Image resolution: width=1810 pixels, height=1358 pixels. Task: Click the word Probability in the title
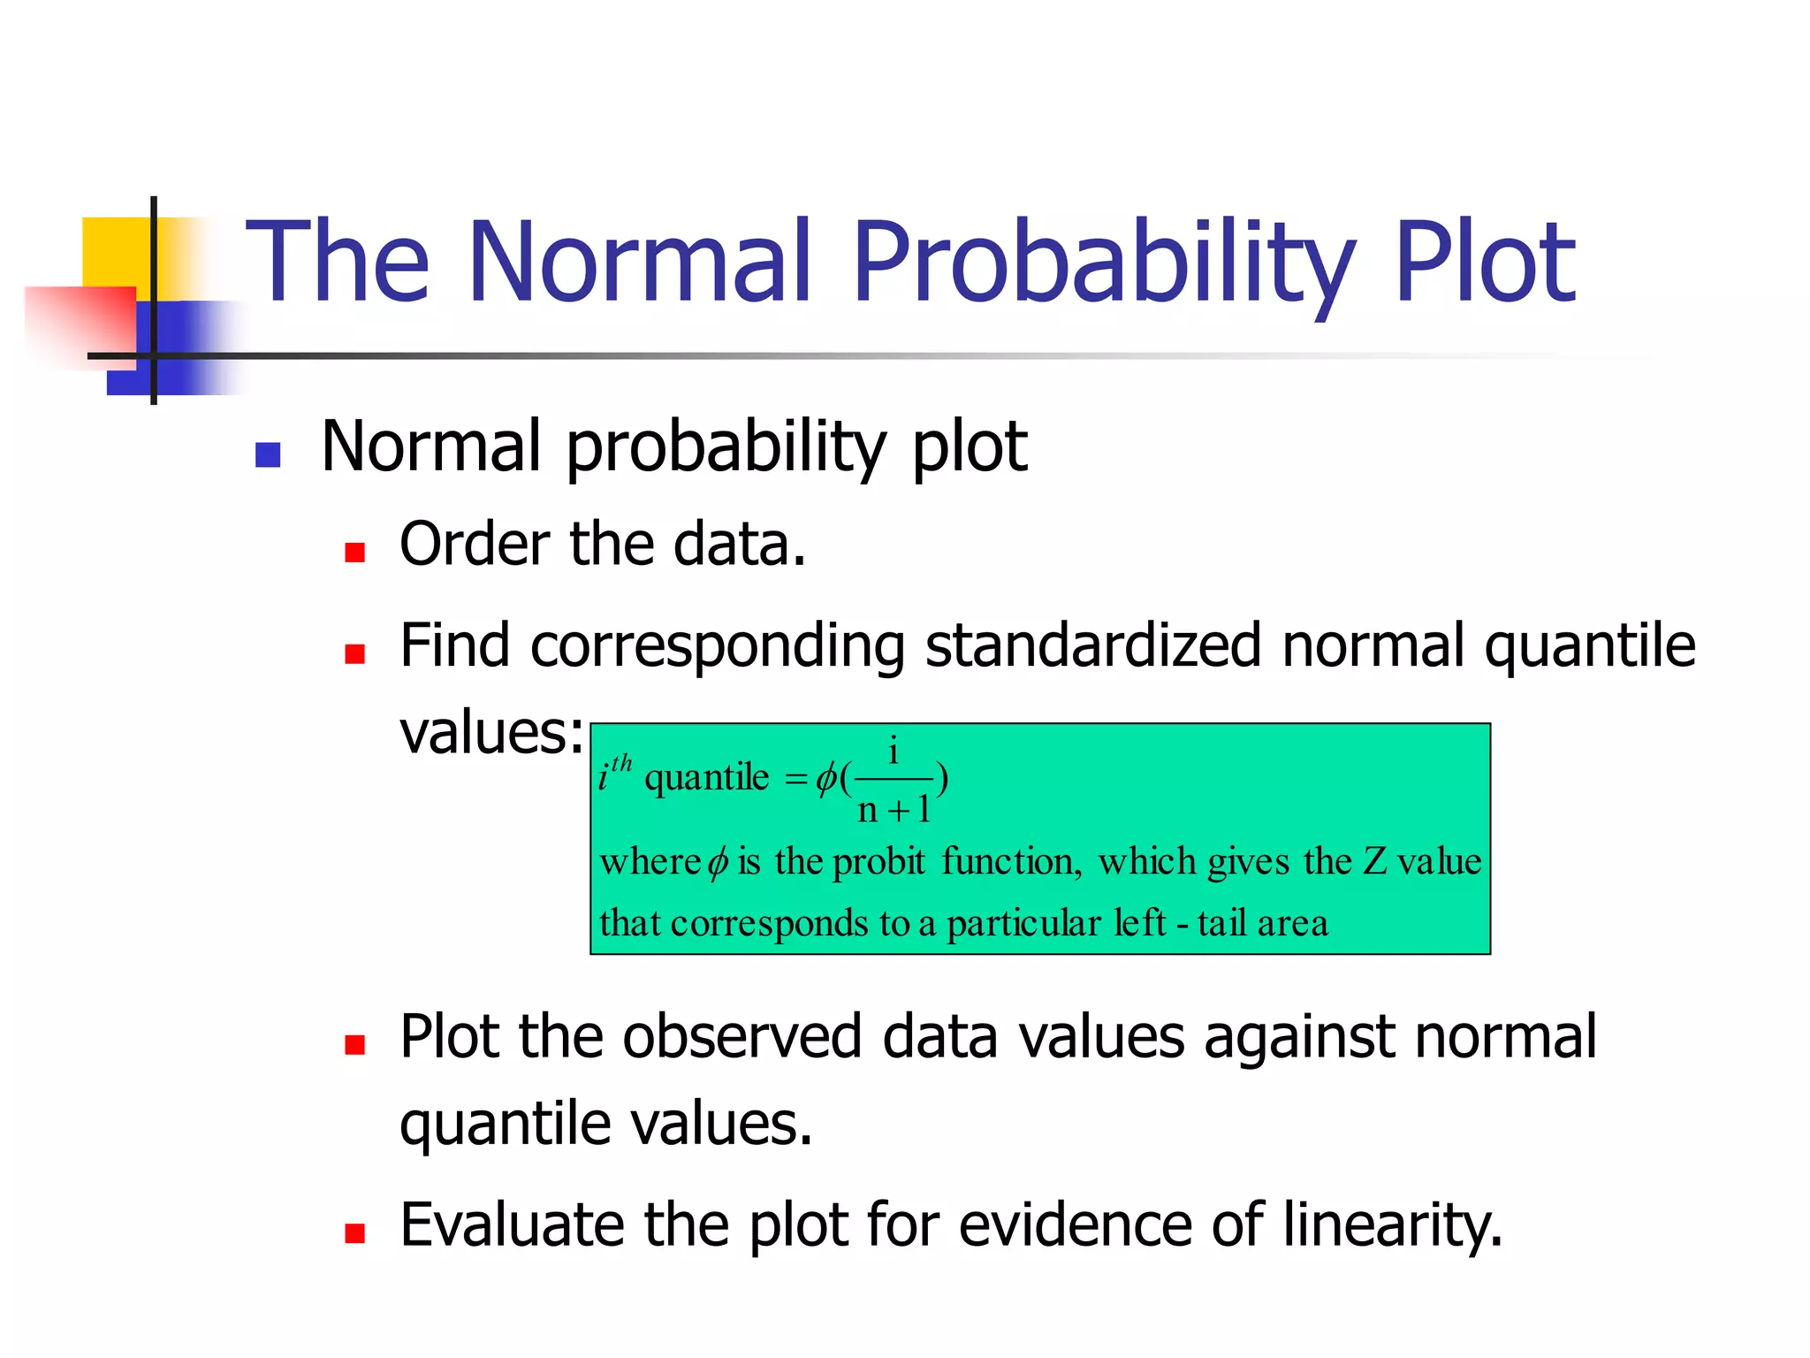(1103, 263)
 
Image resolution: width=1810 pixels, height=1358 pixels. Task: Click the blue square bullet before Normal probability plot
(268, 454)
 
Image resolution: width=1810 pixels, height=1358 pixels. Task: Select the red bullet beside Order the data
(355, 553)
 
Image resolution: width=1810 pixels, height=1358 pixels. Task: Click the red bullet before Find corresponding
(355, 653)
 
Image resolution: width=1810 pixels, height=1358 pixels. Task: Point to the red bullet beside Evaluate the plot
(355, 1232)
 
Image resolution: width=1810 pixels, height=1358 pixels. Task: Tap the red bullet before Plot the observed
(355, 1045)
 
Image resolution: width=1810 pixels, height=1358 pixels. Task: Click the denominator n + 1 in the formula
(894, 809)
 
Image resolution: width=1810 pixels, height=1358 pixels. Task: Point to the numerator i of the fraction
(894, 751)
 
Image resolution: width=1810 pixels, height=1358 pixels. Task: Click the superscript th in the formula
(621, 762)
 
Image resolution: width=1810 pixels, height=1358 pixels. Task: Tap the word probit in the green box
(878, 861)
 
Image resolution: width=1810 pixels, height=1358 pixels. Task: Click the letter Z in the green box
(1374, 861)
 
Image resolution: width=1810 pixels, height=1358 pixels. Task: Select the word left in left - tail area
(1139, 923)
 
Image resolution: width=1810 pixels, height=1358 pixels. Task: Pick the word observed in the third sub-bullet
(741, 1037)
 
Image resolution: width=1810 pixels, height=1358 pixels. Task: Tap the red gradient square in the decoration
(80, 323)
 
